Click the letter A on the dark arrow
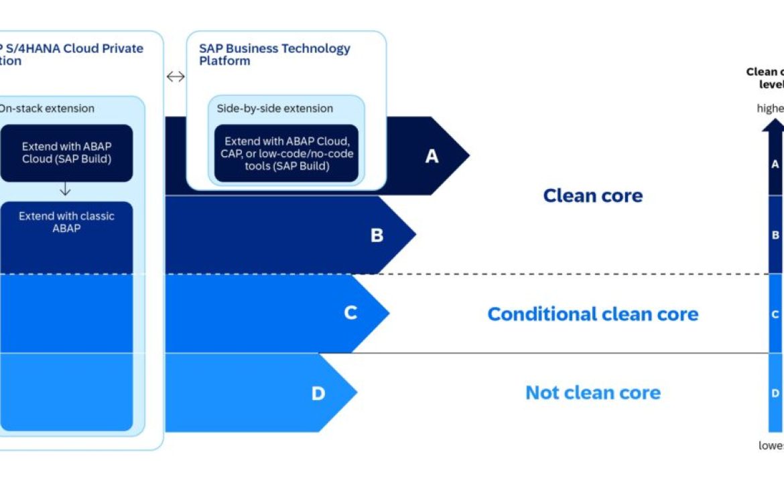point(432,156)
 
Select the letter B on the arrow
point(377,235)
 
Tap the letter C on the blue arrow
point(350,313)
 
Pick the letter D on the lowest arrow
point(318,393)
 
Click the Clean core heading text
point(592,196)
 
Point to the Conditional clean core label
point(592,314)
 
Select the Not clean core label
point(592,393)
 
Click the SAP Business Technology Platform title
point(274,54)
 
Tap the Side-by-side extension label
point(275,109)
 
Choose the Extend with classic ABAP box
point(66,223)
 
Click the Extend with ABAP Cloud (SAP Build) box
point(66,153)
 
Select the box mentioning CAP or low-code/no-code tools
point(286,154)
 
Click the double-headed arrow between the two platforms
point(175,76)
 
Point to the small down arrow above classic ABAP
point(65,190)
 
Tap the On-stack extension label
point(47,109)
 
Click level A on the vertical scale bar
point(775,164)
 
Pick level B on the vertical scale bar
point(775,235)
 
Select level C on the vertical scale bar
point(775,314)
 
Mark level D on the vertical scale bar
point(775,393)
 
